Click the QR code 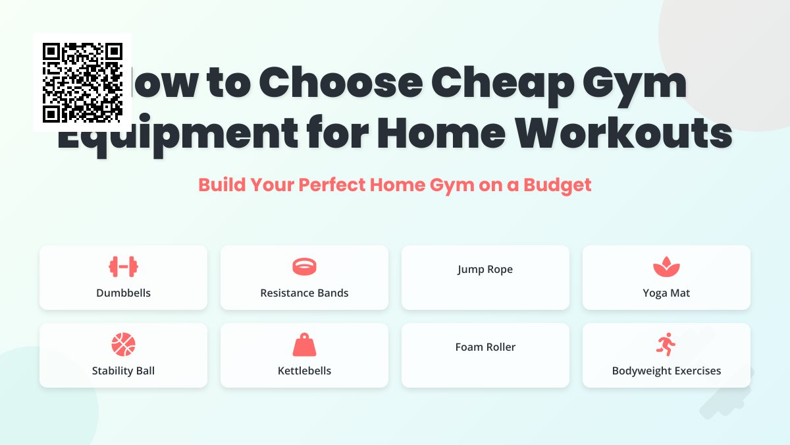point(82,82)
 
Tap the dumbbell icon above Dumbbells point(123,266)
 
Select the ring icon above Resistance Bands point(304,266)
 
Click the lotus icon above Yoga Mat point(666,267)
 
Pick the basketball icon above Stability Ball point(123,344)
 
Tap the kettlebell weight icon point(304,345)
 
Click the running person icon point(666,344)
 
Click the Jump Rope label point(485,269)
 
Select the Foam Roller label point(485,347)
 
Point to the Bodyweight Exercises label point(666,371)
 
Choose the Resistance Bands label point(304,293)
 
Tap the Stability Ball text point(123,371)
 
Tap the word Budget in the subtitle point(558,185)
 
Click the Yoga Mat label point(666,293)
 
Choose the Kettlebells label point(304,371)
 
